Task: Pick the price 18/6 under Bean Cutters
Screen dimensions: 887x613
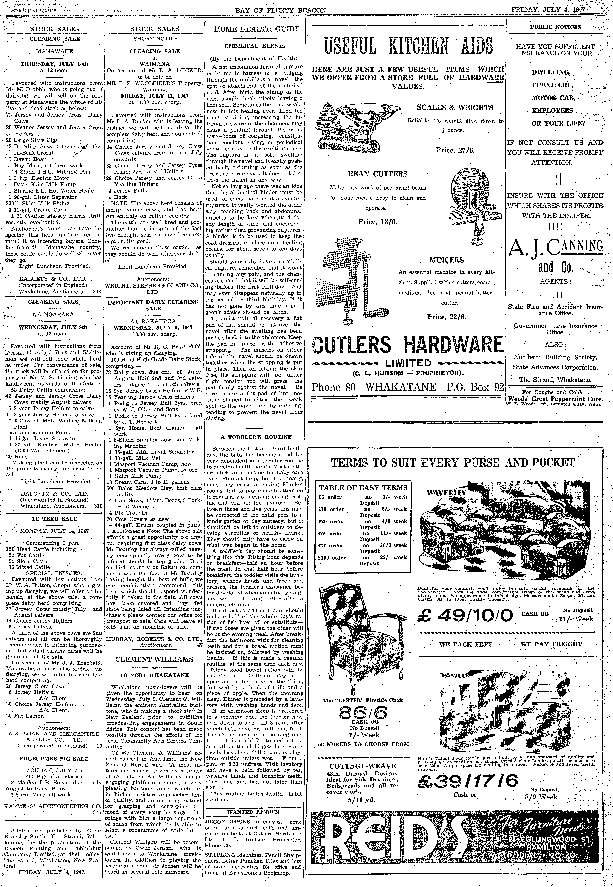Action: click(378, 222)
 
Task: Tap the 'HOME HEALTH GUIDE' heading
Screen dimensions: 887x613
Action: click(257, 29)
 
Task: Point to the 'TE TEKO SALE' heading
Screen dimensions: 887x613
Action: click(54, 519)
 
